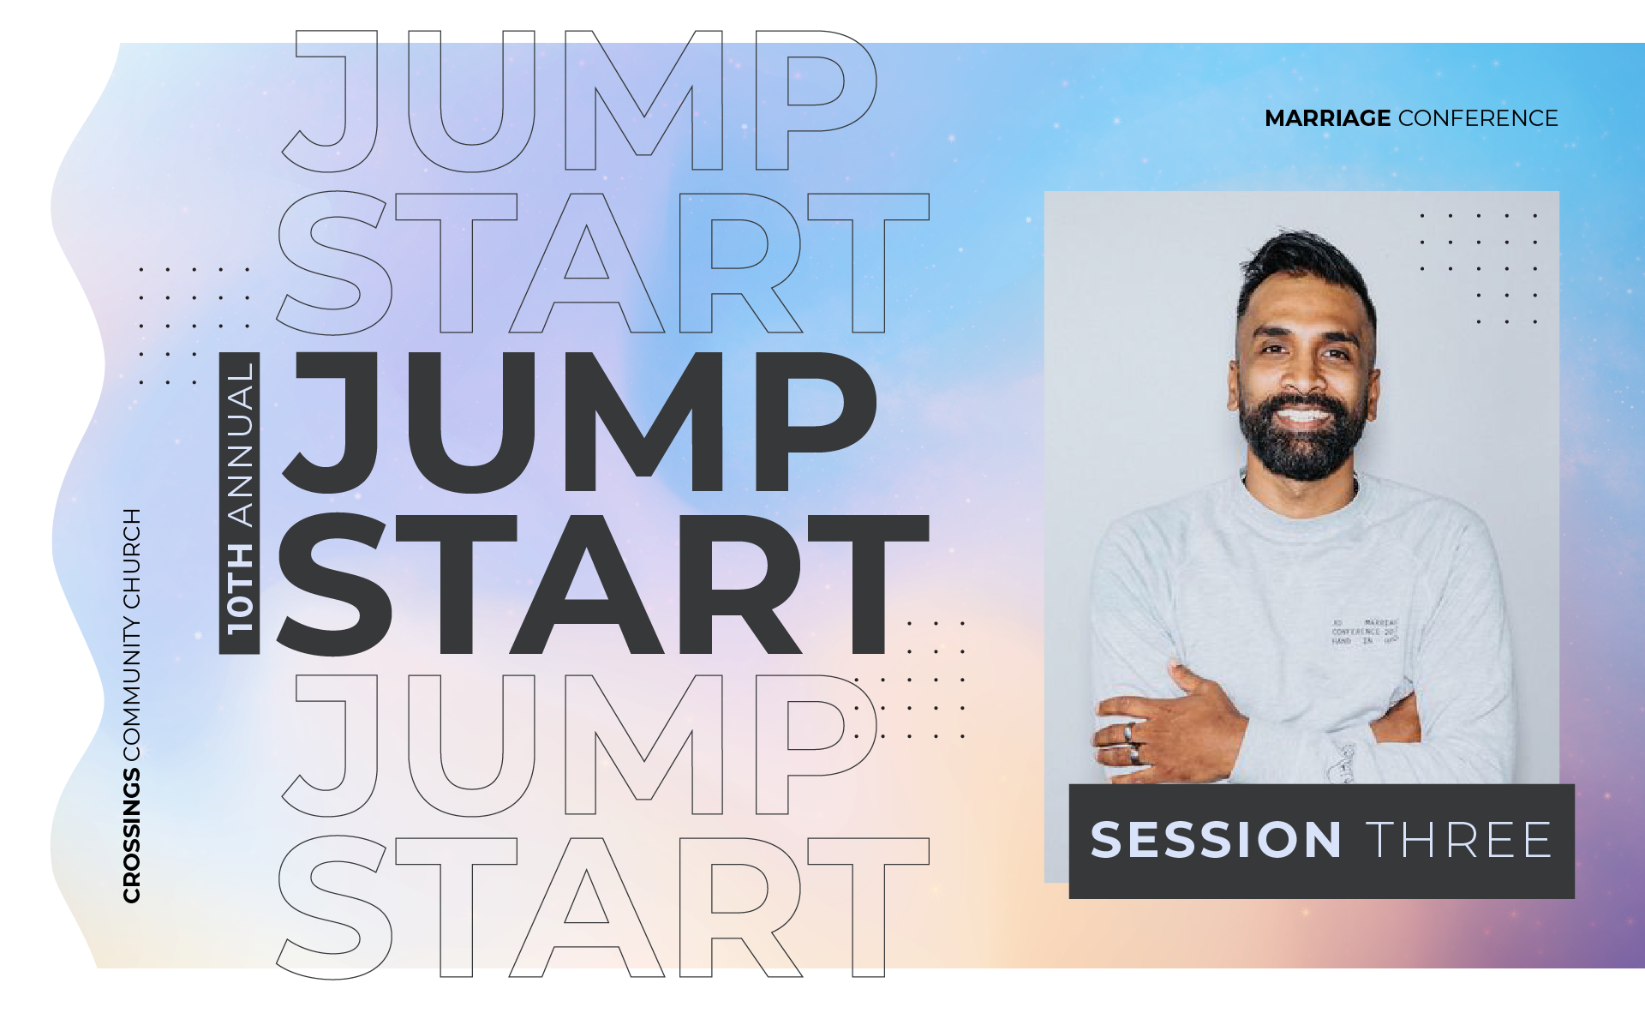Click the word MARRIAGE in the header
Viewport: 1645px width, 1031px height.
[1327, 118]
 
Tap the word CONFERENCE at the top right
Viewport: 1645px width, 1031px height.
[1478, 118]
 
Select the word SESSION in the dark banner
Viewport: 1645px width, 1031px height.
[1216, 840]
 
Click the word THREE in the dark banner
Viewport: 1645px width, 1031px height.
[1459, 840]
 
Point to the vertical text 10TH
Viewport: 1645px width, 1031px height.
[240, 590]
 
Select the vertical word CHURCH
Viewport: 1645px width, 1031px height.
[131, 558]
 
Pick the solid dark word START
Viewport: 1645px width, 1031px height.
[602, 584]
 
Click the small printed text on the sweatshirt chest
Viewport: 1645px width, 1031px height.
[1364, 632]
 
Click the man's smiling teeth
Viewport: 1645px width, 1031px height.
[1302, 417]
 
